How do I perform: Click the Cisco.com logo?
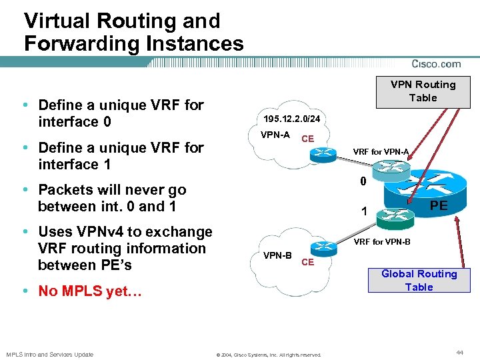436,64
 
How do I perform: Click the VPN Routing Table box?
423,91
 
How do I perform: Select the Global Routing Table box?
419,280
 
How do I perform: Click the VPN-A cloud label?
276,135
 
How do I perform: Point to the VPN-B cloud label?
278,255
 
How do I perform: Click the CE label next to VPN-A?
307,139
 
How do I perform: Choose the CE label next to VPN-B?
307,262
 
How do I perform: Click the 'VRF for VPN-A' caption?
381,152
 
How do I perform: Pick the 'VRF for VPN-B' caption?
381,241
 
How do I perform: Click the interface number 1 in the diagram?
363,212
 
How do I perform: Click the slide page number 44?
459,351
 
